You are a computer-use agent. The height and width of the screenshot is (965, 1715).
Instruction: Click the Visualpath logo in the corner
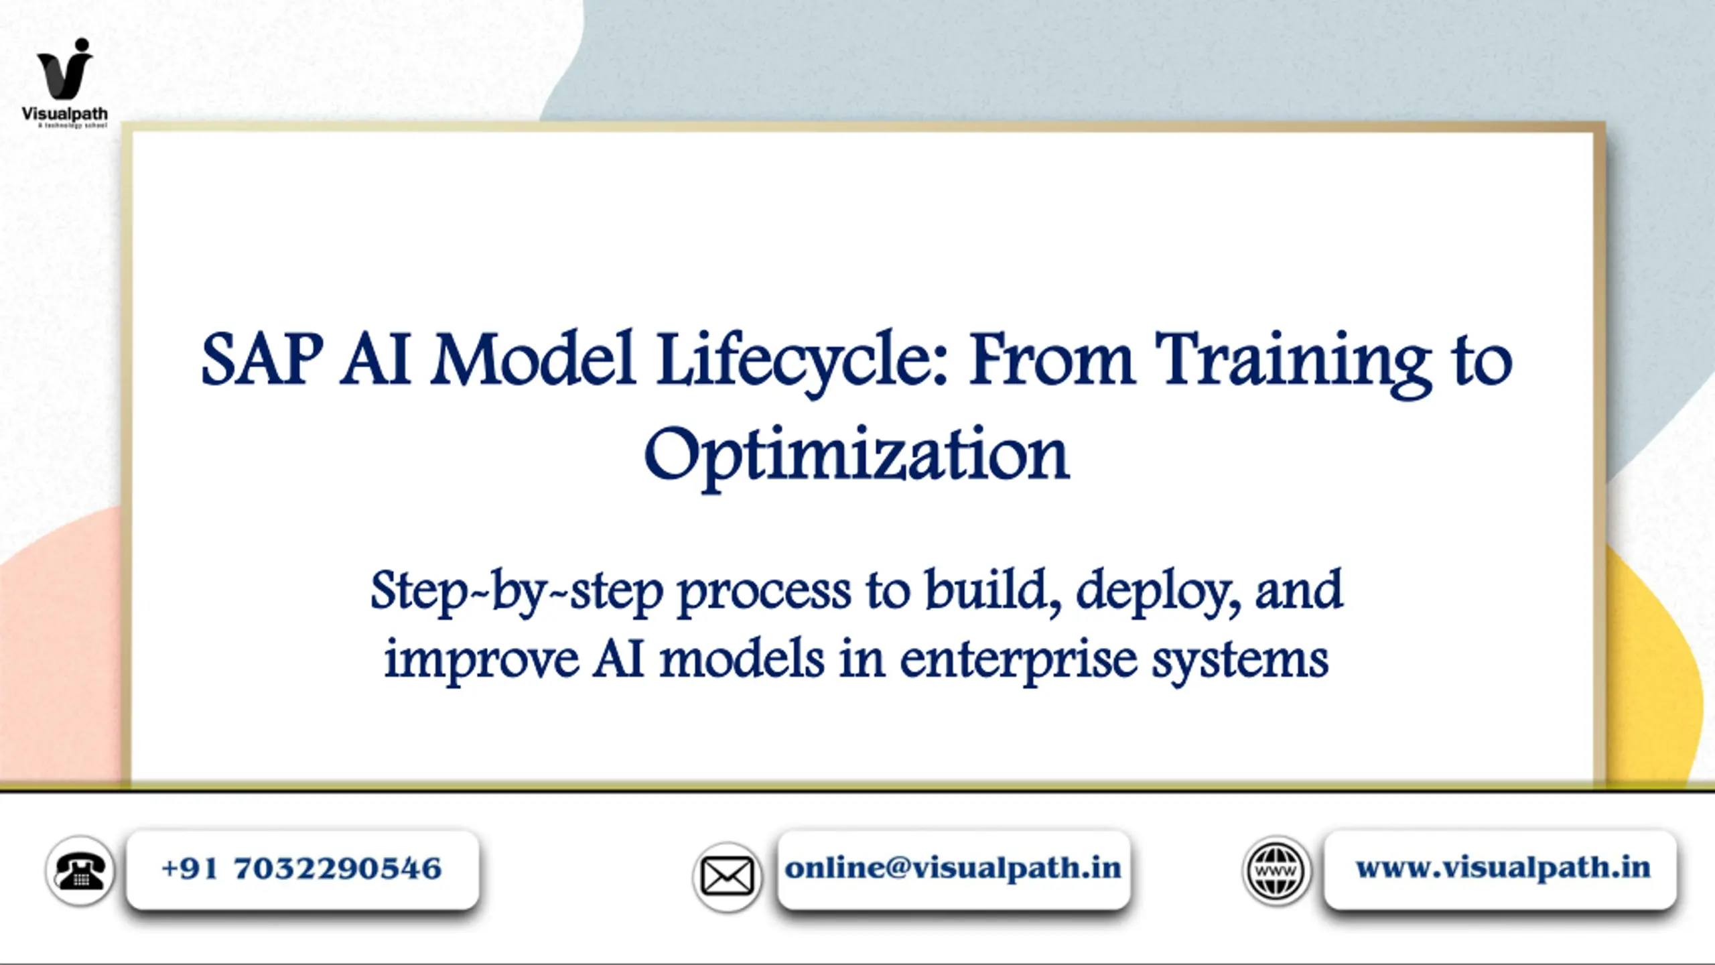point(65,82)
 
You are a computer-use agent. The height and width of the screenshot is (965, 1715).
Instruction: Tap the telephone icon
point(80,871)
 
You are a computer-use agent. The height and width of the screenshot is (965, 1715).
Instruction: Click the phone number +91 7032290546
point(301,868)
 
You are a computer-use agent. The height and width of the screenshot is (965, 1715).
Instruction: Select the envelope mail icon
point(727,877)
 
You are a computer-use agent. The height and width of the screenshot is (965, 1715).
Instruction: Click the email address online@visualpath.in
point(953,868)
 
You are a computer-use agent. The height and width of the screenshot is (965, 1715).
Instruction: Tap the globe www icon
point(1277,871)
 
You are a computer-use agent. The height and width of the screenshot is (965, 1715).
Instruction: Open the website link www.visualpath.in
point(1503,868)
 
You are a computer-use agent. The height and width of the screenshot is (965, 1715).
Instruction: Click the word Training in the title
point(1294,363)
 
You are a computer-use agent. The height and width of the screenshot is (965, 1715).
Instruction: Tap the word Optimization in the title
point(857,456)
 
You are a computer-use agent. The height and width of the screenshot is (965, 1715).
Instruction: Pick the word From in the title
point(1052,361)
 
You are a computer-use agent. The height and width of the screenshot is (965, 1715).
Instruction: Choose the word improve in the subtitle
point(481,662)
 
